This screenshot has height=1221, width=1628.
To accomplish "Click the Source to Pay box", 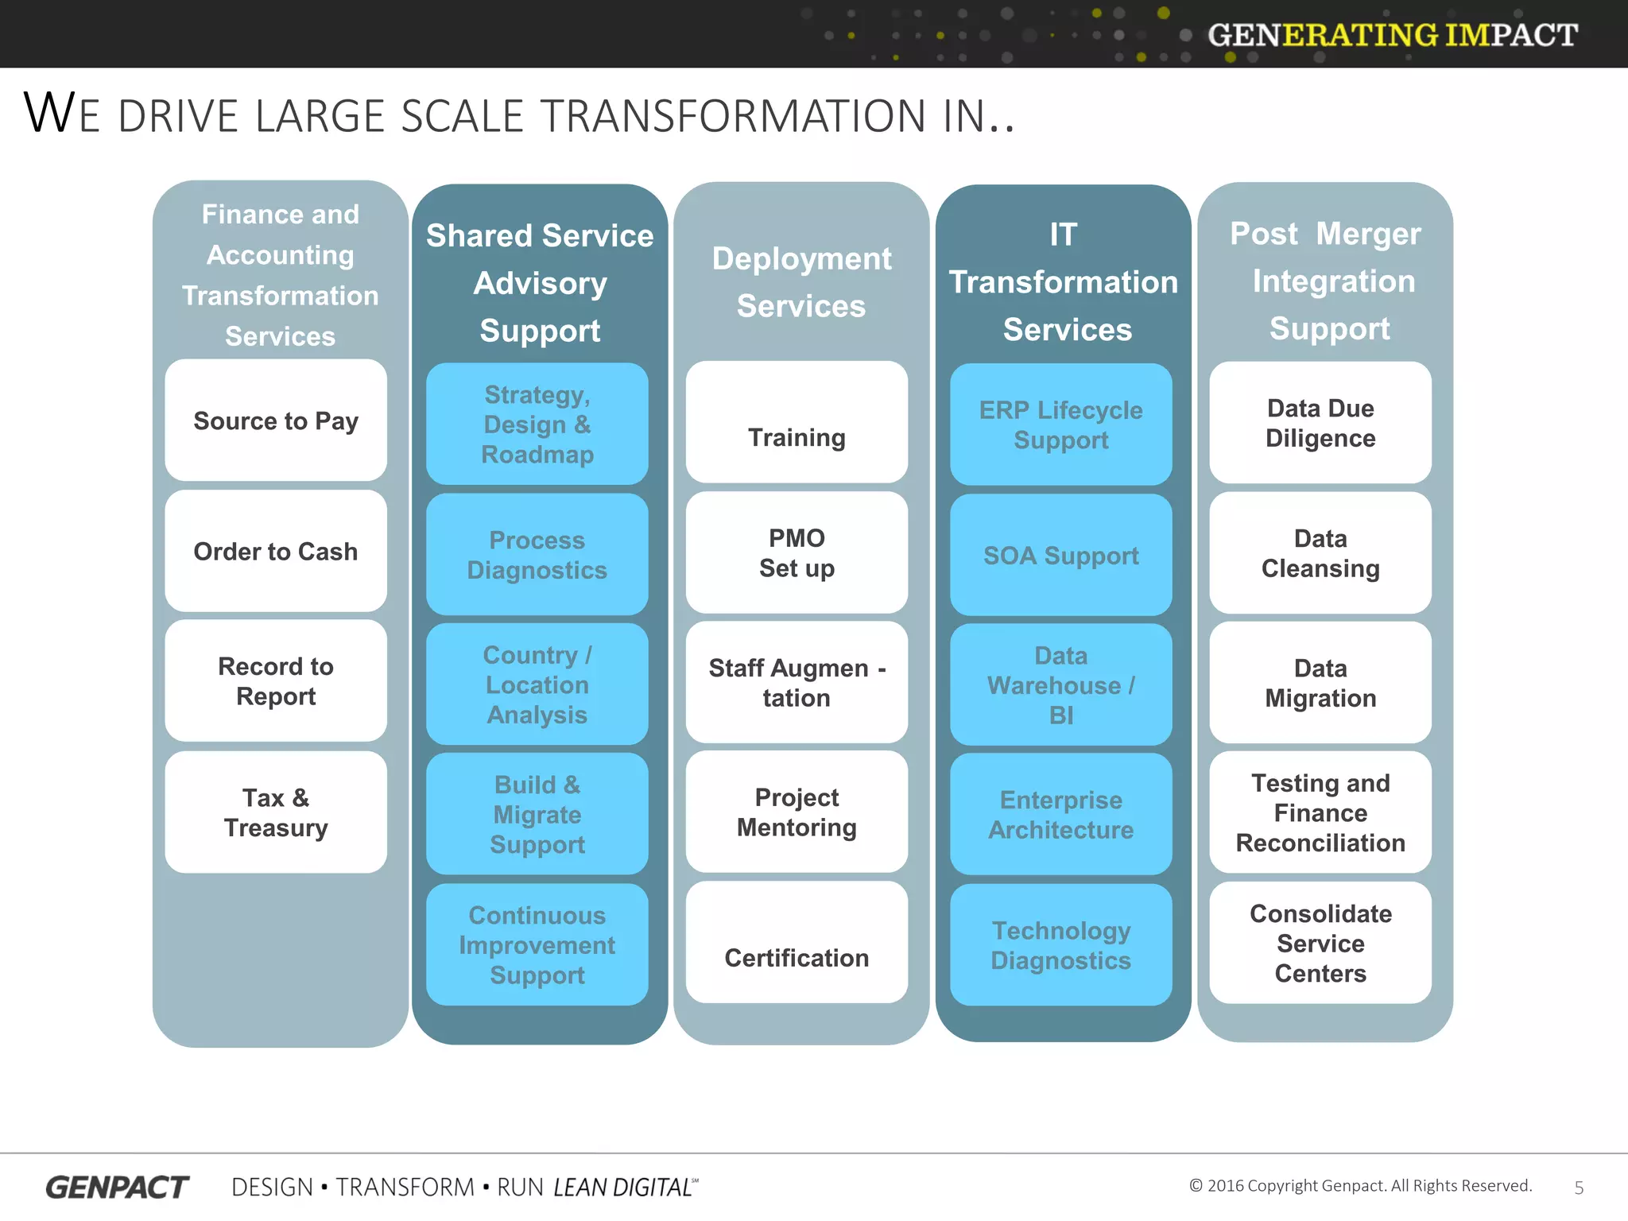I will [276, 421].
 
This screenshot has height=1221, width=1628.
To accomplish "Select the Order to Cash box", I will [276, 551].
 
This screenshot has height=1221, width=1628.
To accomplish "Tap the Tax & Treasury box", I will [276, 812].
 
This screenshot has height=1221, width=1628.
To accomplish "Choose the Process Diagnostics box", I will [537, 554].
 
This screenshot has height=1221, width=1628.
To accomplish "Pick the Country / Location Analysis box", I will [537, 684].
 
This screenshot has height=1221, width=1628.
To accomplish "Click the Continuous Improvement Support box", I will [537, 944].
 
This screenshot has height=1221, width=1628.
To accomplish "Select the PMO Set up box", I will [797, 552].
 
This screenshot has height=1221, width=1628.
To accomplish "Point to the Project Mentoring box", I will [797, 812].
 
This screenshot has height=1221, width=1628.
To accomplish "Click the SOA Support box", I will [1060, 555].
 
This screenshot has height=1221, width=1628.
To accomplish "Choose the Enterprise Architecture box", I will [1060, 814].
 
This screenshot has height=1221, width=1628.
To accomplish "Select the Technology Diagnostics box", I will [1060, 944].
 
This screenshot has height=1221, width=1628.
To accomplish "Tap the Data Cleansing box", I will [1320, 552].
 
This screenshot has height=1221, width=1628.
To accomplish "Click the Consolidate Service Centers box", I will [1320, 943].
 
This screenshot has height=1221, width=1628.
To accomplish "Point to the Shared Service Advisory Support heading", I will [540, 283].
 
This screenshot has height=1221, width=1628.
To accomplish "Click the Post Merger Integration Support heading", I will [1328, 281].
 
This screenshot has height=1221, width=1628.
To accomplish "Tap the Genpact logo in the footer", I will [117, 1187].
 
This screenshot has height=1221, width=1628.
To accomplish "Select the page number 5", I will [1579, 1188].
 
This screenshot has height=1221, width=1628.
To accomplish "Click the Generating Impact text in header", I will [1392, 35].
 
